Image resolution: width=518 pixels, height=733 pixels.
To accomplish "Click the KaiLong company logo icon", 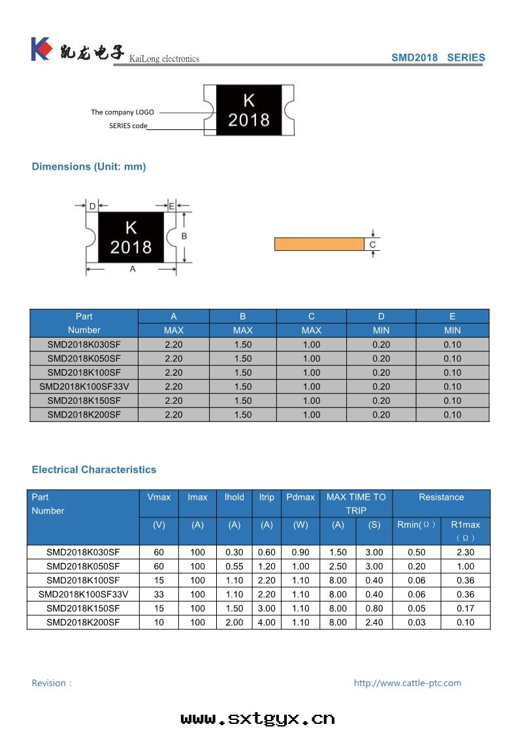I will (41, 49).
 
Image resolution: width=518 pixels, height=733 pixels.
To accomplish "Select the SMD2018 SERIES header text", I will (438, 57).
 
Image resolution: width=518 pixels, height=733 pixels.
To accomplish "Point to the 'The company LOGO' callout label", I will (122, 112).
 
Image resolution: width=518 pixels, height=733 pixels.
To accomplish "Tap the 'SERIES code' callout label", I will (128, 125).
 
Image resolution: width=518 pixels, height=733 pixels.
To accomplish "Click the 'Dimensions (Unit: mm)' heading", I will (89, 167).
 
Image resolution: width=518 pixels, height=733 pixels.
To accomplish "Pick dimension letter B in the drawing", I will (184, 236).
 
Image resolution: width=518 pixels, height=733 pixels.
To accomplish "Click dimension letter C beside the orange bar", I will (372, 244).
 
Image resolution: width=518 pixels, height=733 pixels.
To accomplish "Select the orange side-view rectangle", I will (319, 244).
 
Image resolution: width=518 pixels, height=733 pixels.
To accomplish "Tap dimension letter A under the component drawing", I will (133, 269).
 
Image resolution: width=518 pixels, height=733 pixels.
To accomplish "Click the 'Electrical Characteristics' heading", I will (94, 470).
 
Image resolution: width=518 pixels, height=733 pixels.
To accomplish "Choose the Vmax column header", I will (159, 497).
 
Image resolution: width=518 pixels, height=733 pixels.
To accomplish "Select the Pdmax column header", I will (300, 497).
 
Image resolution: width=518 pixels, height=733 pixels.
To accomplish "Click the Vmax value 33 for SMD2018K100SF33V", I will (159, 595).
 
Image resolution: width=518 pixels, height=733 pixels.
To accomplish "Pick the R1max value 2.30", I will (465, 553).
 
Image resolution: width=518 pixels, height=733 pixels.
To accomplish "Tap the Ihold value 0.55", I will (234, 566).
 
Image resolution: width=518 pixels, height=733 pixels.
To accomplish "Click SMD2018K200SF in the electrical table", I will (83, 623).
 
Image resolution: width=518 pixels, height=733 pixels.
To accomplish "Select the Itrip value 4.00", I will (267, 623).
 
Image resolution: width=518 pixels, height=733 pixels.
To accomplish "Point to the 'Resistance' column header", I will (441, 497).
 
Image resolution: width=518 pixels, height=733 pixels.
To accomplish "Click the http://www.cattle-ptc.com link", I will (407, 683).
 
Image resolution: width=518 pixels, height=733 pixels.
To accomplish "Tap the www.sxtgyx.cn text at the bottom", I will (258, 719).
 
